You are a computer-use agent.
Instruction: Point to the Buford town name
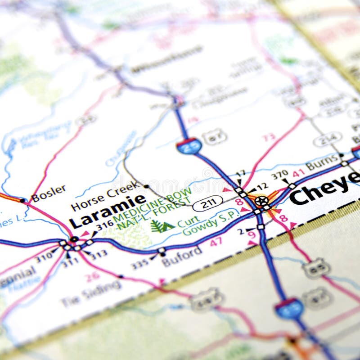coord(182,257)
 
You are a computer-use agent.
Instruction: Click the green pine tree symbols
coord(162,226)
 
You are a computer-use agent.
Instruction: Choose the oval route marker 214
coord(327,139)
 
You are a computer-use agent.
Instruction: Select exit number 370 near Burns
coord(279,175)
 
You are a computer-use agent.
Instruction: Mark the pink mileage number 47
coord(216,242)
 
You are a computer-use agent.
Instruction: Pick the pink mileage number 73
coord(269,137)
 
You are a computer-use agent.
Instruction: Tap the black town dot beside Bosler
coord(22,200)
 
